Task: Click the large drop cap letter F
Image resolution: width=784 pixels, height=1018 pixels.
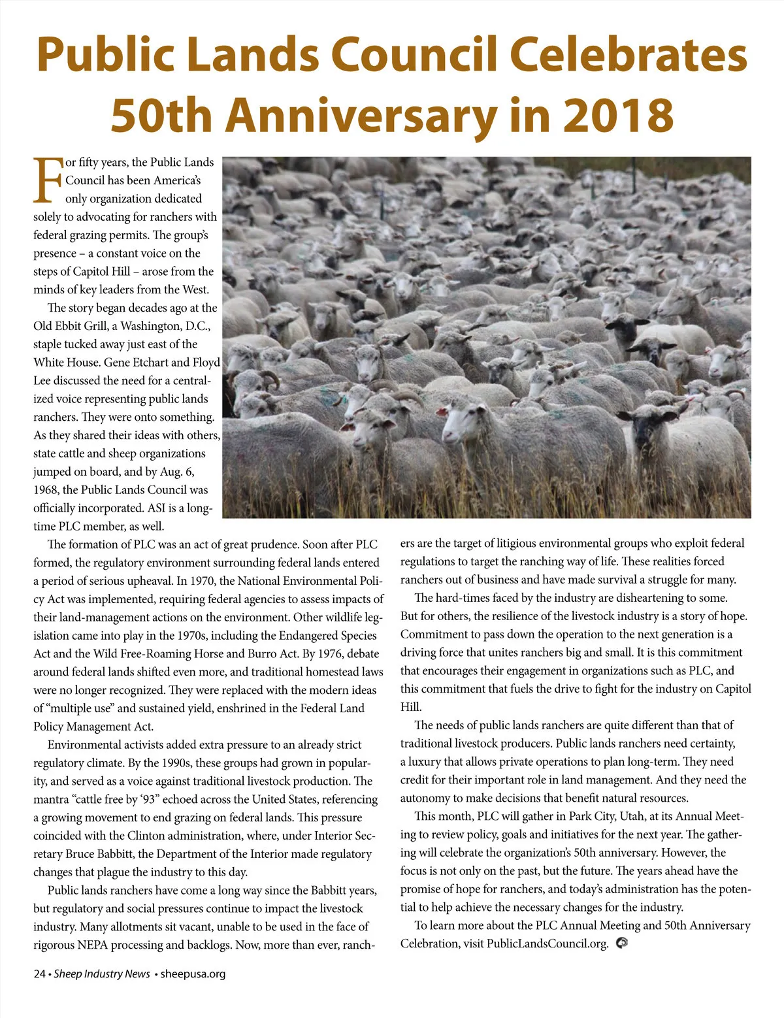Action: pyautogui.click(x=48, y=180)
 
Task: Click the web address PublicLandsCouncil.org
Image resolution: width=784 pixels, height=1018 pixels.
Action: pyautogui.click(x=547, y=944)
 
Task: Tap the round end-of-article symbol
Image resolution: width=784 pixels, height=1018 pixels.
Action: pyautogui.click(x=622, y=943)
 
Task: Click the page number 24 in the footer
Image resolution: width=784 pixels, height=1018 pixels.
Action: pyautogui.click(x=39, y=974)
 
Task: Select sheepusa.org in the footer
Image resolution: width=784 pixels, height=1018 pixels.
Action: pyautogui.click(x=193, y=974)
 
